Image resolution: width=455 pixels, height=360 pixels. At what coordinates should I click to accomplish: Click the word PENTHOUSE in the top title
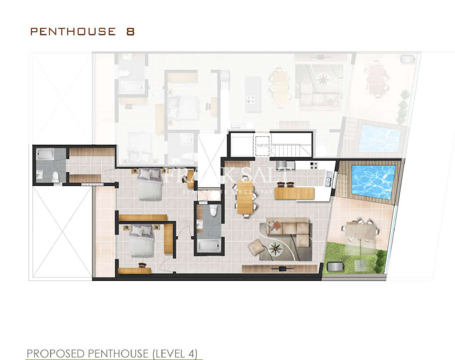72,32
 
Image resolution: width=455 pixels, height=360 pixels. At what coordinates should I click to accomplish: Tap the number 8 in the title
130,32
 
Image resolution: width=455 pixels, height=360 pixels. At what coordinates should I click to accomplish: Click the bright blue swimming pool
373,182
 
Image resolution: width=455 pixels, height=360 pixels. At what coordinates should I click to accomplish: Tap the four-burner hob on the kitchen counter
313,166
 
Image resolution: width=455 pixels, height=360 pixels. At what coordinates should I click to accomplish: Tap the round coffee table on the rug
275,248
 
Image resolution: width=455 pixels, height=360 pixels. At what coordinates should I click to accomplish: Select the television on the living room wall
282,268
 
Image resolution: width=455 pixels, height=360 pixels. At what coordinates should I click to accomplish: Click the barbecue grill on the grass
335,266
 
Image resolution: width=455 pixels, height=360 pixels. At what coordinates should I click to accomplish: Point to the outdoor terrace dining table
360,231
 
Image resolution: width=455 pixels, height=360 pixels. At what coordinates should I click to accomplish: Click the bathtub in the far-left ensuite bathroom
45,154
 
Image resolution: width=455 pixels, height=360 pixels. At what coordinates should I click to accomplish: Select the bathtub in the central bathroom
208,245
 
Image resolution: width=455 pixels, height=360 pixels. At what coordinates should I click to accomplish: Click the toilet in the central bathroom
213,210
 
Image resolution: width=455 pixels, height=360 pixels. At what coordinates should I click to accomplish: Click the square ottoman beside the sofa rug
256,247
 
